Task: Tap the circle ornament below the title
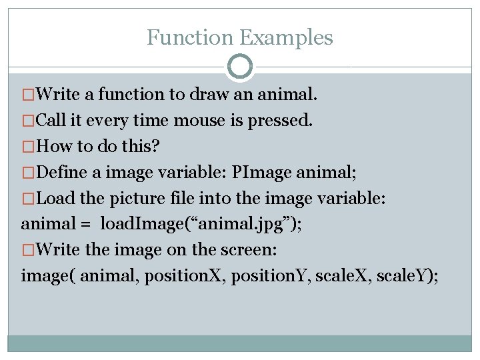coord(240,67)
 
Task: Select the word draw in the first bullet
coord(209,95)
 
